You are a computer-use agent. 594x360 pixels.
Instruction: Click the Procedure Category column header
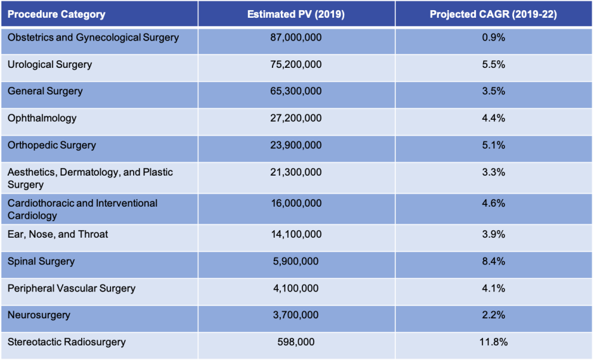pos(56,14)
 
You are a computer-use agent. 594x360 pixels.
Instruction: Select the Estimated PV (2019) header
pos(296,14)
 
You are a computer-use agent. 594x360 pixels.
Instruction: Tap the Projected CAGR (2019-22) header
pos(493,14)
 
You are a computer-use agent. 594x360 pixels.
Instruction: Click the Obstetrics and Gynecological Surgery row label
pos(93,37)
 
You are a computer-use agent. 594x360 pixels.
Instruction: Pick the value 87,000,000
pos(296,37)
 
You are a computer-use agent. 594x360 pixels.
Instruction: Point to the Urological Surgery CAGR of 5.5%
pos(493,65)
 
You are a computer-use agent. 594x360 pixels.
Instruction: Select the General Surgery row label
pos(45,91)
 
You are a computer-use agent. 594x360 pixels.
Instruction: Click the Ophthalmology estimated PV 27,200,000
pos(296,118)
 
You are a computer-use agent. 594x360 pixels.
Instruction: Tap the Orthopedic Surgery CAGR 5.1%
pos(493,145)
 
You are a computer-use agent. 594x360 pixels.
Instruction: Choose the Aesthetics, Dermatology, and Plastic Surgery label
pos(90,178)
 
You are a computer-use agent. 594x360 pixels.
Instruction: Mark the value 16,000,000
pos(296,203)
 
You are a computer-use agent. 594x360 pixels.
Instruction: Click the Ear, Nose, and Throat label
pos(58,235)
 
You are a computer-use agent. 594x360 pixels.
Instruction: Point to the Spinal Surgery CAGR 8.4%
pos(493,261)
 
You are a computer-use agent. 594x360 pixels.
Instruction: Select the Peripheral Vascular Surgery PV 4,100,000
pos(296,288)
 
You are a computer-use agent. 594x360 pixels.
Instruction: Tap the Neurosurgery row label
pos(39,315)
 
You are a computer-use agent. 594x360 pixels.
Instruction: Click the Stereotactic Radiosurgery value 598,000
pos(296,342)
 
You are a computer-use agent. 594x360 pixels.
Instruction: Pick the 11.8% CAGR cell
pos(493,342)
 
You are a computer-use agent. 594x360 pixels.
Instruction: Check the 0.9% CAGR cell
pos(493,37)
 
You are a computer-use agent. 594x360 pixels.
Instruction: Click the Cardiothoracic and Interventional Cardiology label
pos(82,209)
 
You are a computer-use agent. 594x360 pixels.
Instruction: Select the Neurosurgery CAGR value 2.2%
pos(493,315)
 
